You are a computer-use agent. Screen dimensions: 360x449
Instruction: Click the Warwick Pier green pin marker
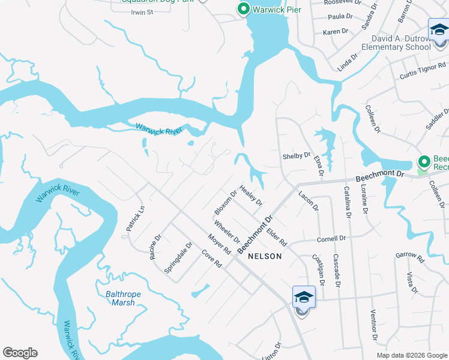click(x=243, y=9)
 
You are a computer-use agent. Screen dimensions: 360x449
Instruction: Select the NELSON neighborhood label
click(x=264, y=256)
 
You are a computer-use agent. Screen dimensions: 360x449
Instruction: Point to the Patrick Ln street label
click(x=136, y=220)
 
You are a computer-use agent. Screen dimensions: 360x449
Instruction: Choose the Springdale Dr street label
click(x=178, y=258)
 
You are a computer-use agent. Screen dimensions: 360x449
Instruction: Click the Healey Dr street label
click(x=251, y=195)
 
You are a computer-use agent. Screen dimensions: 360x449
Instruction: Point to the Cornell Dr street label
click(x=331, y=239)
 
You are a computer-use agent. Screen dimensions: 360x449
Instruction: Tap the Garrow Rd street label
click(x=410, y=257)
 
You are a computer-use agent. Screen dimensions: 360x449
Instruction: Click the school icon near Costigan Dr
click(x=304, y=298)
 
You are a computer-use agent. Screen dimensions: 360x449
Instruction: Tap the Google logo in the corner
click(x=20, y=353)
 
